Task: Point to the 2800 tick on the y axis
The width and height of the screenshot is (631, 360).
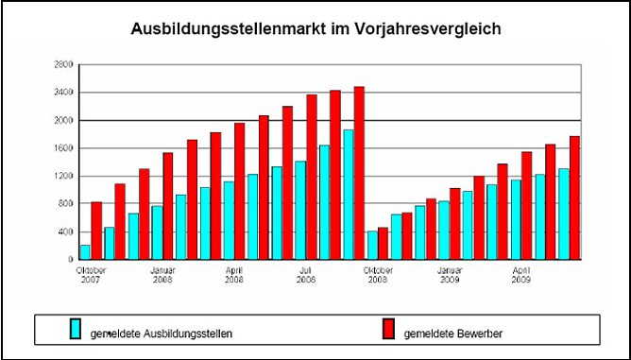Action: coord(63,64)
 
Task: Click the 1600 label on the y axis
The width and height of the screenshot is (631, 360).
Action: coord(63,148)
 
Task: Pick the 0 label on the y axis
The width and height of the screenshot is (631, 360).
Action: coord(70,259)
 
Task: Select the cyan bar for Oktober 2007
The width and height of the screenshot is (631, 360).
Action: coord(85,251)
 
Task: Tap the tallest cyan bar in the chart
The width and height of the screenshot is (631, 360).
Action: coord(348,194)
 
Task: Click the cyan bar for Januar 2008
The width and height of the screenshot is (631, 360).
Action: coord(157,232)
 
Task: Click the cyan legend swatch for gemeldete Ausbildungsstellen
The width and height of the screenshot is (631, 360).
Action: coord(75,329)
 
